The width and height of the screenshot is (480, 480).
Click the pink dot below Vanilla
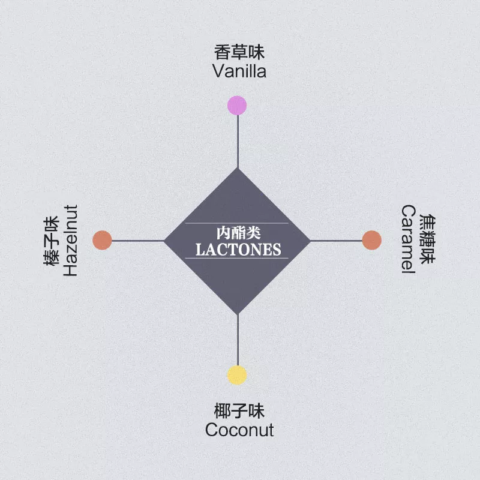(237, 105)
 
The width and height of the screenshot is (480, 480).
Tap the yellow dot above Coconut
(237, 375)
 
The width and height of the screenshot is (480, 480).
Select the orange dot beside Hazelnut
(103, 240)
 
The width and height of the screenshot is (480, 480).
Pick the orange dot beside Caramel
(372, 240)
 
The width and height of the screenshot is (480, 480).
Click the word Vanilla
(239, 71)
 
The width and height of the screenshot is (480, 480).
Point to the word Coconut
(239, 430)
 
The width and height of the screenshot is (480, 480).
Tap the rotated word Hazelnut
(71, 241)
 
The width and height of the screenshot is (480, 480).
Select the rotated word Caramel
(409, 240)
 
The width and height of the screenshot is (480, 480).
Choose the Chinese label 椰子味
(239, 412)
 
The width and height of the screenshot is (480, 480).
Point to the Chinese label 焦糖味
(427, 240)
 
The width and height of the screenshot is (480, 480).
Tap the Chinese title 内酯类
(238, 232)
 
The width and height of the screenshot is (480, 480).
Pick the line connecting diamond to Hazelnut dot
(138, 241)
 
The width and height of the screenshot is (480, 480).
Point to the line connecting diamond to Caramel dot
(336, 241)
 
